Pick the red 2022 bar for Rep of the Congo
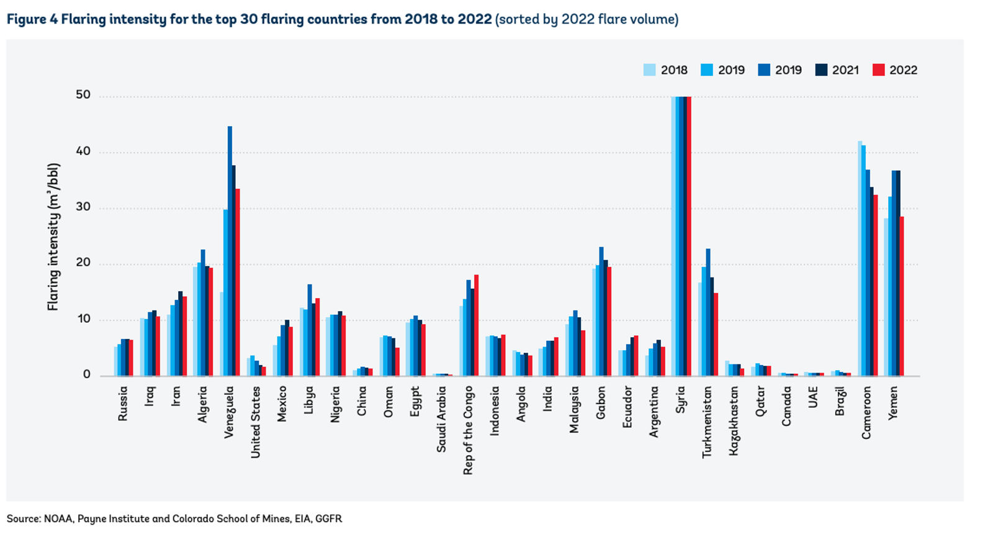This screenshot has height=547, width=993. [476, 325]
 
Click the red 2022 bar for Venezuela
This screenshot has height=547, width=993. [237, 283]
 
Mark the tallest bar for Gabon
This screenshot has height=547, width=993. [601, 311]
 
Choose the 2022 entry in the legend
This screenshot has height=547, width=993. [895, 70]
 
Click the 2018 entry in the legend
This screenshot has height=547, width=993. [666, 70]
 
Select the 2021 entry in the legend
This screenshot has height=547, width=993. [837, 70]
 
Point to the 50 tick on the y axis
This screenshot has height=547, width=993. [83, 95]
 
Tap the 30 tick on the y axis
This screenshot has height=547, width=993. [83, 207]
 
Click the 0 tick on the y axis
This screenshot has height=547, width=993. [87, 375]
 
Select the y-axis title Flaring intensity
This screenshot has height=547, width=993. [53, 237]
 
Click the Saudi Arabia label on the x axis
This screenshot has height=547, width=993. [441, 419]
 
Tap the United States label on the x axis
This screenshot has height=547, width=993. [256, 422]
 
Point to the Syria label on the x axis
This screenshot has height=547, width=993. [681, 399]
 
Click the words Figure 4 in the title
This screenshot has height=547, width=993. [32, 19]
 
